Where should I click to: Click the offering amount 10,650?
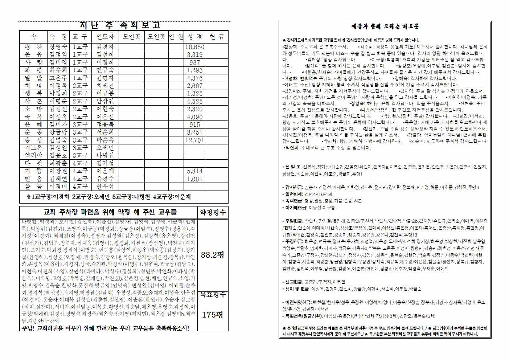(x=195, y=47)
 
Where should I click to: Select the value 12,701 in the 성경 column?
(x=195, y=140)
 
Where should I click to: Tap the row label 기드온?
(x=34, y=148)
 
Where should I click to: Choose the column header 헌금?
(x=217, y=37)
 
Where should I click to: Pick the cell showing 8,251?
(x=195, y=132)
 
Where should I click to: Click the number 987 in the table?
(x=195, y=63)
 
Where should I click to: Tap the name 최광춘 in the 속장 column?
(x=58, y=163)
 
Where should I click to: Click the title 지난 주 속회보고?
(x=120, y=26)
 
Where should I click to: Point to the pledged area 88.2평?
(x=212, y=255)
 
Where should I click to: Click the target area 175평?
(x=212, y=315)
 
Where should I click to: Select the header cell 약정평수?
(x=213, y=212)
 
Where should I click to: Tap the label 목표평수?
(x=213, y=295)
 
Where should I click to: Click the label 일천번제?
(x=292, y=194)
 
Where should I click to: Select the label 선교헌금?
(x=292, y=282)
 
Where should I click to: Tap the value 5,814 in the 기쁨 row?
(x=195, y=171)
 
